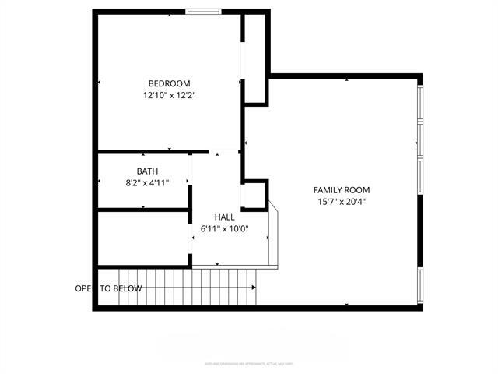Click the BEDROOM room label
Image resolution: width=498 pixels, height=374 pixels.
(169, 83)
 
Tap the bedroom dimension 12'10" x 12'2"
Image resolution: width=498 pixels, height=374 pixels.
(169, 96)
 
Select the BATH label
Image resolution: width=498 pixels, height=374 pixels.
(148, 171)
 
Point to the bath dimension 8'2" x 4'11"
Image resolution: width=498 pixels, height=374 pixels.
(148, 182)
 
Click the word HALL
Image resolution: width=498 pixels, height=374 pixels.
(224, 217)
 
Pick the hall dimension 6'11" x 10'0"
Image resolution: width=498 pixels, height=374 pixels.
(224, 229)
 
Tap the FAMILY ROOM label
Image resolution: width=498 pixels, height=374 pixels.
(341, 190)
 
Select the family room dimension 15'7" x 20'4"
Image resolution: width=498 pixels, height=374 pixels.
(341, 202)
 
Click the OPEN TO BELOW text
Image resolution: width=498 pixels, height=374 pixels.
(108, 288)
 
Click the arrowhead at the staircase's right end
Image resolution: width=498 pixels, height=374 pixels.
(254, 288)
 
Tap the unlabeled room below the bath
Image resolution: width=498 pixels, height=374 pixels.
(143, 238)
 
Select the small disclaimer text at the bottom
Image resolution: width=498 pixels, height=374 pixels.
(248, 363)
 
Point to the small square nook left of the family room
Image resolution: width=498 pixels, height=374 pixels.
(254, 194)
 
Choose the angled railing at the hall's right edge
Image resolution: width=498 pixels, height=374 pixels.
(273, 234)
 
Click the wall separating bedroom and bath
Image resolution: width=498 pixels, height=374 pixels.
(152, 151)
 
